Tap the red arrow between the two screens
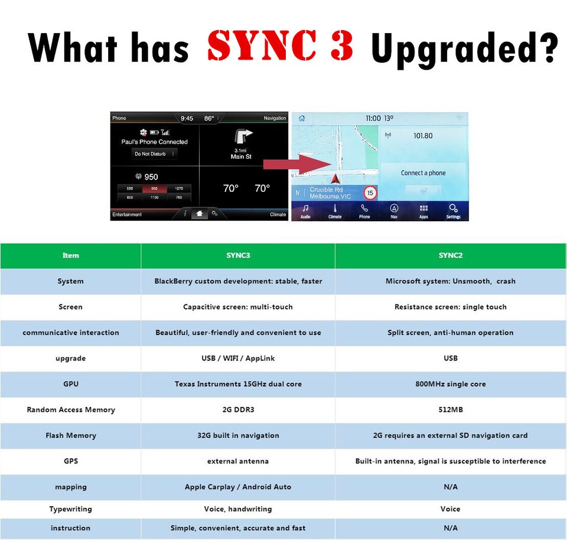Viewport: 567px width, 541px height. click(x=289, y=165)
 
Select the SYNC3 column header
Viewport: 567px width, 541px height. click(x=238, y=255)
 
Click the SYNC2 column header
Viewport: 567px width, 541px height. click(x=450, y=255)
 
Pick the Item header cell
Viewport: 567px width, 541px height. click(x=70, y=255)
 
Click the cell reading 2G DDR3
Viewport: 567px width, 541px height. click(x=238, y=409)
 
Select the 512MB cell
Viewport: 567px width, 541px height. click(x=450, y=409)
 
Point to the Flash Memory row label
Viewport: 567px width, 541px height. click(x=70, y=435)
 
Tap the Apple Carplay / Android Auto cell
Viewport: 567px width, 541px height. click(x=238, y=487)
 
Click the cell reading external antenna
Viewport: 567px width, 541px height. click(x=238, y=461)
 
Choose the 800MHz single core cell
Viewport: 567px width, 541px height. click(x=450, y=384)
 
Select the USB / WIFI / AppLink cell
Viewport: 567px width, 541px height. click(x=238, y=358)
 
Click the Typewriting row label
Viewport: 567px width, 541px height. click(x=70, y=509)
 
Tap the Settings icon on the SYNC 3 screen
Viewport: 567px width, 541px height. click(x=453, y=209)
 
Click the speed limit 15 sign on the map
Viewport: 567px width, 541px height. click(x=370, y=193)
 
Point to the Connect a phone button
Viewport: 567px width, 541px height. click(x=423, y=173)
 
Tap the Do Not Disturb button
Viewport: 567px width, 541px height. click(x=154, y=154)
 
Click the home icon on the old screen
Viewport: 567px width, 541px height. click(x=199, y=214)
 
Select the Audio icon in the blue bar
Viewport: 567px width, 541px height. click(x=305, y=211)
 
